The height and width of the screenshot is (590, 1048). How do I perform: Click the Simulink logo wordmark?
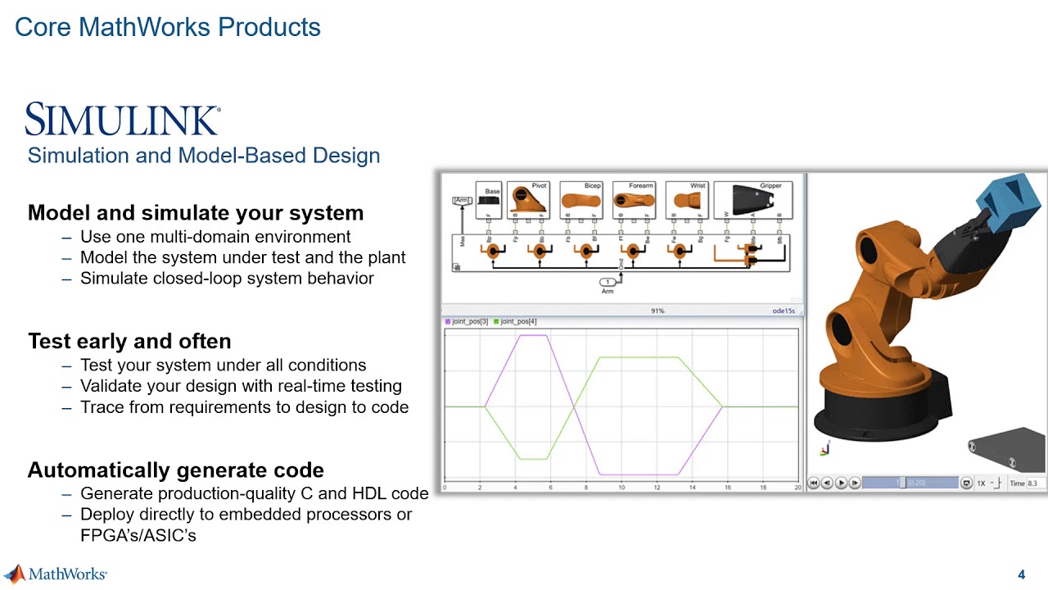[x=123, y=120]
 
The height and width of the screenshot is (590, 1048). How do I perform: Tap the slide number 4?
[x=1021, y=574]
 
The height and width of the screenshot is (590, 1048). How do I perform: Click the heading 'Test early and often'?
[x=129, y=341]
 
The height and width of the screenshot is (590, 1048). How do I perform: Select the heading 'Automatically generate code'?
[x=176, y=470]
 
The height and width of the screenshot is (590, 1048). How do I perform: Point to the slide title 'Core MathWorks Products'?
[x=168, y=27]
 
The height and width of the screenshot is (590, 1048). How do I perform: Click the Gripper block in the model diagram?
[x=753, y=200]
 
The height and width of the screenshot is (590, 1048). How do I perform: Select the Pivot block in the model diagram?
[x=528, y=200]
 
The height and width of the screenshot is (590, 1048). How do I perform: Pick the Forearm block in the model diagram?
[x=634, y=200]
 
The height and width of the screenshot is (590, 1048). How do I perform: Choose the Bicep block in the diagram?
[x=580, y=200]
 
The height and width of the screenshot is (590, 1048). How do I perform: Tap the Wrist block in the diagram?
[x=686, y=200]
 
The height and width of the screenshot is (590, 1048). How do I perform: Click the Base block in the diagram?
[x=489, y=200]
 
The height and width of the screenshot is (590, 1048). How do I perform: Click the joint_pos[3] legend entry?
[x=467, y=321]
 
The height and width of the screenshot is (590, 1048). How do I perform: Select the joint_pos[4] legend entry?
[x=515, y=321]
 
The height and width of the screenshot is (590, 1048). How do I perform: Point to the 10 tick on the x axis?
[x=621, y=488]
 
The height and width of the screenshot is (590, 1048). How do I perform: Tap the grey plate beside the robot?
[x=1005, y=449]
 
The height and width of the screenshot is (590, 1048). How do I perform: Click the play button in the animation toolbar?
[x=841, y=483]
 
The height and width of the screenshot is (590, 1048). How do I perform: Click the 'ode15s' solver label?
[x=784, y=311]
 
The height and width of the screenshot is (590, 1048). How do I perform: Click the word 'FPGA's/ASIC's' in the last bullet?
[x=138, y=536]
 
